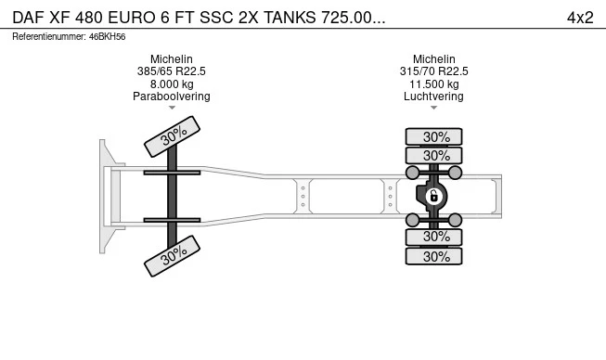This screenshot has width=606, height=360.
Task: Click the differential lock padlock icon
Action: [x=433, y=196]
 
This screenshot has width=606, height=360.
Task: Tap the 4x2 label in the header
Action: [x=580, y=18]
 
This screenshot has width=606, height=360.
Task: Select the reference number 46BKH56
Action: [x=107, y=37]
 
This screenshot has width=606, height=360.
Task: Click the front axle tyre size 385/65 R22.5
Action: [x=171, y=71]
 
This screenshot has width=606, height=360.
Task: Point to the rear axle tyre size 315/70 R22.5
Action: [x=433, y=71]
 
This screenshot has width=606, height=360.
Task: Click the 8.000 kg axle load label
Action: [x=172, y=84]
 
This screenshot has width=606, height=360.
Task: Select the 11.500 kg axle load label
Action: [x=434, y=84]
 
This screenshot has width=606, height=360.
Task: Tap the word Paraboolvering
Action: [x=171, y=96]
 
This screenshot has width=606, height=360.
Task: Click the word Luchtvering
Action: [x=433, y=96]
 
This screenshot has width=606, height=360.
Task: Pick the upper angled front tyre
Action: [x=172, y=136]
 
